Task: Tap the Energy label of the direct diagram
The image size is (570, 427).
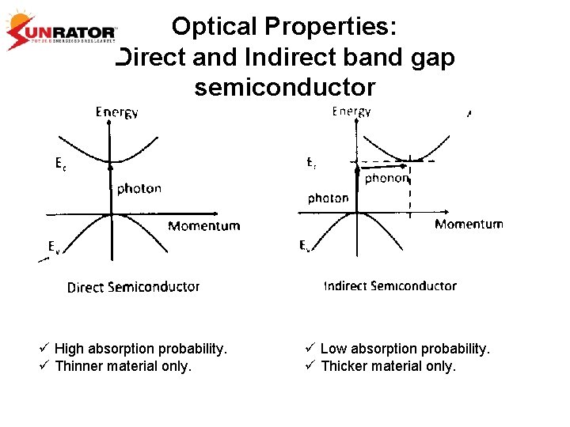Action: (x=116, y=112)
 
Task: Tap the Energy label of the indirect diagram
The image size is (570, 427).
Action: (x=351, y=111)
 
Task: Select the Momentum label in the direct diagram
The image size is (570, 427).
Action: (x=203, y=226)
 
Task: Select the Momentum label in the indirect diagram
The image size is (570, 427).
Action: (x=469, y=225)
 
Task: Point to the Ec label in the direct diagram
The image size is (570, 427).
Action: (x=60, y=164)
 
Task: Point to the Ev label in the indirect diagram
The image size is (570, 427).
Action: (x=304, y=246)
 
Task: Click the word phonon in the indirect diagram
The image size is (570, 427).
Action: (x=387, y=179)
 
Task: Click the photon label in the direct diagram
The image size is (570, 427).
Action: (x=139, y=189)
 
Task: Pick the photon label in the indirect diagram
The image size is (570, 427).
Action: (x=328, y=198)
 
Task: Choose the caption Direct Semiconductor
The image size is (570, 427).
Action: (x=133, y=287)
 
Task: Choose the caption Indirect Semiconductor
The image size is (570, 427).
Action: (x=389, y=285)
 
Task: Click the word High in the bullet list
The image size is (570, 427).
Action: (x=68, y=349)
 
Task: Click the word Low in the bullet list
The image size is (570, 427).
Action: (x=332, y=349)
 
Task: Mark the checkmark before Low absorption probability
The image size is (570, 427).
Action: (x=310, y=349)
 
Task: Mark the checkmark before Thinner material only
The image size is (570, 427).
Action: (x=44, y=366)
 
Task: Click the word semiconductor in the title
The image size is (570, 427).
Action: (x=285, y=87)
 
